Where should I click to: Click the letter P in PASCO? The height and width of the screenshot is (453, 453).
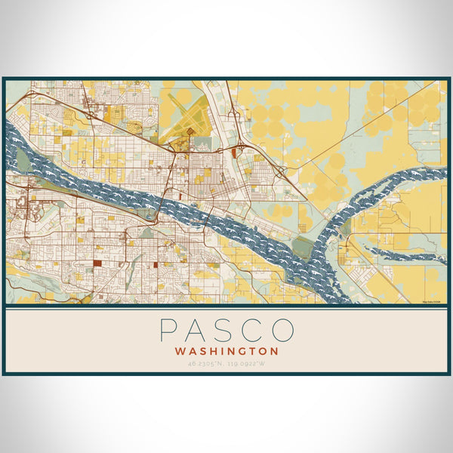pyautogui.click(x=168, y=331)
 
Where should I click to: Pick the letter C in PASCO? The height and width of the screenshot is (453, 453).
pyautogui.click(x=254, y=331)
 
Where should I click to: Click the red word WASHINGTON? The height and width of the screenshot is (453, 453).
pyautogui.click(x=226, y=351)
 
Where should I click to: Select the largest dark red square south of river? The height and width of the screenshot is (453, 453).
pyautogui.click(x=97, y=263)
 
